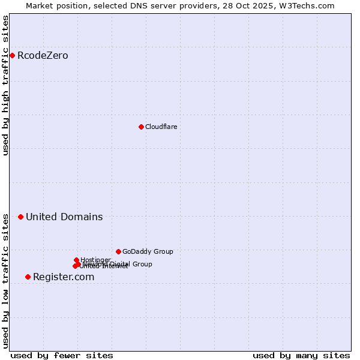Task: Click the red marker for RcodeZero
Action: point(12,56)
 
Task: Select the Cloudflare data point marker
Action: point(141,127)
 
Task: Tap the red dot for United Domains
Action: point(20,217)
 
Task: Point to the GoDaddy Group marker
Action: point(118,251)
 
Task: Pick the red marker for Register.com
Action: point(28,277)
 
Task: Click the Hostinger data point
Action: point(76,260)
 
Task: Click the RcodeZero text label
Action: point(43,56)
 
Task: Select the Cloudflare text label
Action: point(161,127)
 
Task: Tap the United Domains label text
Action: point(64,217)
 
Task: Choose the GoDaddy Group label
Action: point(148,251)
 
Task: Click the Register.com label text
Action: point(64,277)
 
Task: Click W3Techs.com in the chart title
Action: point(309,5)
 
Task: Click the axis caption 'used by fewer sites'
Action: point(62,355)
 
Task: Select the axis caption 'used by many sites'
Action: point(301,355)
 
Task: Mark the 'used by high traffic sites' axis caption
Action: point(5,85)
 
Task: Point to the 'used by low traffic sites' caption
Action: point(5,281)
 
